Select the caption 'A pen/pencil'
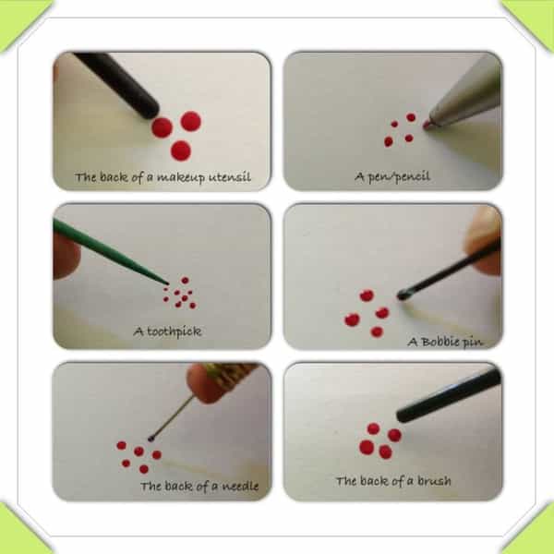(x=392, y=176)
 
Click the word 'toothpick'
(x=175, y=331)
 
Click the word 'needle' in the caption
(x=240, y=486)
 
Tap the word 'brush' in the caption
(x=434, y=480)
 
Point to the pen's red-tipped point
(x=427, y=125)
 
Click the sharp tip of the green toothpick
(x=167, y=283)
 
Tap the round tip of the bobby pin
(x=402, y=295)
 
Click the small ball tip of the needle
(x=151, y=439)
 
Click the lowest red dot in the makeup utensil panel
(x=181, y=151)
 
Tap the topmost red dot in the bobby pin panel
(x=367, y=295)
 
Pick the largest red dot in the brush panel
(x=367, y=447)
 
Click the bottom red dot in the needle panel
(x=144, y=469)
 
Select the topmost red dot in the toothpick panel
(x=185, y=280)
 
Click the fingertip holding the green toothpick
(x=66, y=255)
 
